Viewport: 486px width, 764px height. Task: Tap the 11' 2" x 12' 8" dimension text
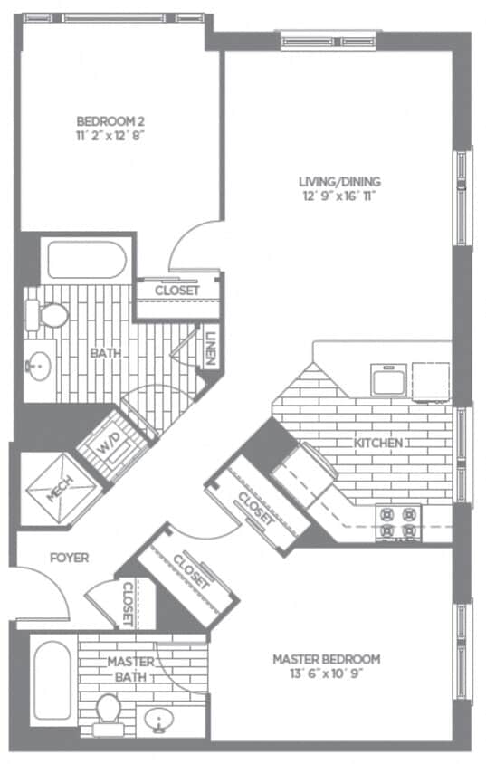tap(111, 134)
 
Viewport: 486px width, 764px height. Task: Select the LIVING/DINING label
tap(340, 180)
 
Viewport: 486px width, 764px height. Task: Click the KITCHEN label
tap(377, 444)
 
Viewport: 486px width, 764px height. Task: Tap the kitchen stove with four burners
tap(398, 521)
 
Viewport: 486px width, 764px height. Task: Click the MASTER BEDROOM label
tap(326, 659)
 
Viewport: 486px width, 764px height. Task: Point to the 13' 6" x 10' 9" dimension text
tap(326, 673)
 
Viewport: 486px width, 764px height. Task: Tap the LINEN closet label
tap(209, 346)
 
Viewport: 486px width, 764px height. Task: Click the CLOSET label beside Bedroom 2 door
tap(177, 291)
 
